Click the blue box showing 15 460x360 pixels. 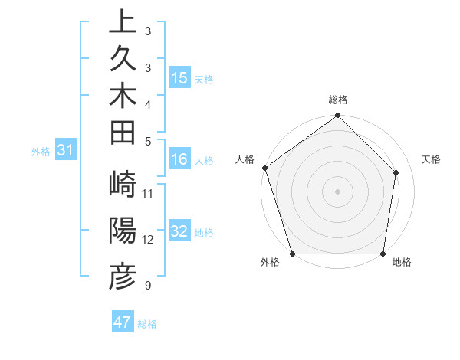(x=179, y=78)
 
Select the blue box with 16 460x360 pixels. (x=179, y=159)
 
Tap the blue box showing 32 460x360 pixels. (x=179, y=232)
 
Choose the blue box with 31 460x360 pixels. (x=66, y=151)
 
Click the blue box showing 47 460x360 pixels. (x=123, y=322)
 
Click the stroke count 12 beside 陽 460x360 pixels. (x=148, y=239)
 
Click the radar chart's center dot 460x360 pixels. (x=337, y=191)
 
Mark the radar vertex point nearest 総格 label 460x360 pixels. (x=337, y=116)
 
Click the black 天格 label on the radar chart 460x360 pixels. (x=431, y=159)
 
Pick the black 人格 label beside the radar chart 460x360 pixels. (x=245, y=159)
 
